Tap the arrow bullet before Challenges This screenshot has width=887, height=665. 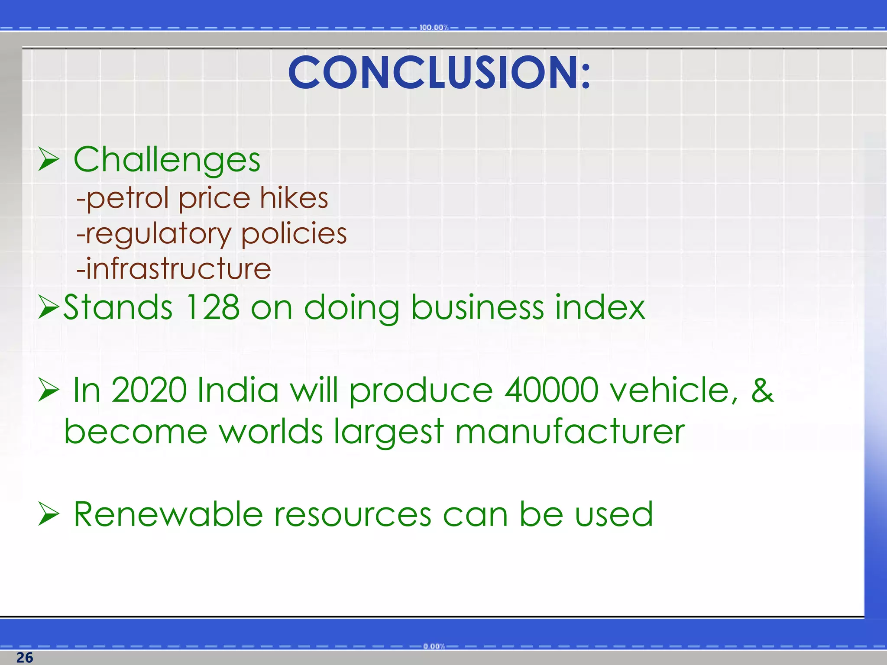coord(48,159)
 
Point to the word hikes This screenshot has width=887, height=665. coord(294,198)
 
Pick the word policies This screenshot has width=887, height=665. coord(294,233)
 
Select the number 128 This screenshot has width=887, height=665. coord(212,307)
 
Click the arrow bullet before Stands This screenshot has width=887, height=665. coord(48,307)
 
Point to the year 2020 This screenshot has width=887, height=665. coord(149,390)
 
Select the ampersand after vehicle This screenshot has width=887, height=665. coord(762,390)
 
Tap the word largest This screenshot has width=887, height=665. coord(388,433)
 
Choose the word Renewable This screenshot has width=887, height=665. coord(168,514)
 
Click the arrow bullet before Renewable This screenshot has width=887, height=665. coord(48,514)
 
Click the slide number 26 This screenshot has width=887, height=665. coord(25,657)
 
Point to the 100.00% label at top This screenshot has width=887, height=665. coord(434,28)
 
